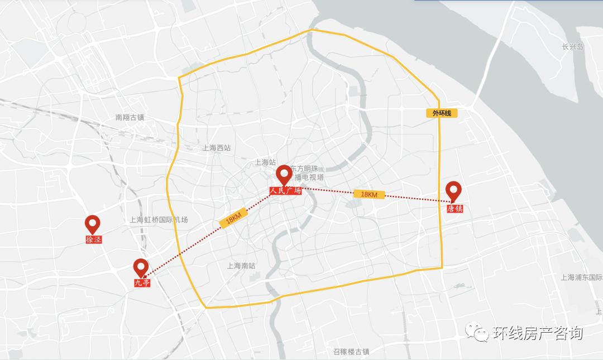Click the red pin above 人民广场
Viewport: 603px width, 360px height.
point(284,174)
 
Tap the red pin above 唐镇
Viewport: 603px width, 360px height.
point(453,191)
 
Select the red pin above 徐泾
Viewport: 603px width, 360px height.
point(92,224)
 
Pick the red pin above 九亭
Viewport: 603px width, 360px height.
point(141,267)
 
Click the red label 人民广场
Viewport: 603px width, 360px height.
point(285,191)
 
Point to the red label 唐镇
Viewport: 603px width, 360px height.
point(454,208)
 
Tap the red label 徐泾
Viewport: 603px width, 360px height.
point(94,239)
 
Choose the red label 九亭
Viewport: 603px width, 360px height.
point(142,283)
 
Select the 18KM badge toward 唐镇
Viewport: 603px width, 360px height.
point(369,194)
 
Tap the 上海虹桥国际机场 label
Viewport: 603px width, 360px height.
point(159,220)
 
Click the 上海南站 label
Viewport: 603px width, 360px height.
point(241,266)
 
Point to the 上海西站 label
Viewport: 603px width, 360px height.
point(217,148)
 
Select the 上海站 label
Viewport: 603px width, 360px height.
point(265,162)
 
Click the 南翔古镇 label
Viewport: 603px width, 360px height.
point(130,117)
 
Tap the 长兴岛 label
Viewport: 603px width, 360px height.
point(572,47)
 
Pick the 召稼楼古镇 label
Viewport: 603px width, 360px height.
point(351,352)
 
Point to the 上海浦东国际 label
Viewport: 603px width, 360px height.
point(581,277)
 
